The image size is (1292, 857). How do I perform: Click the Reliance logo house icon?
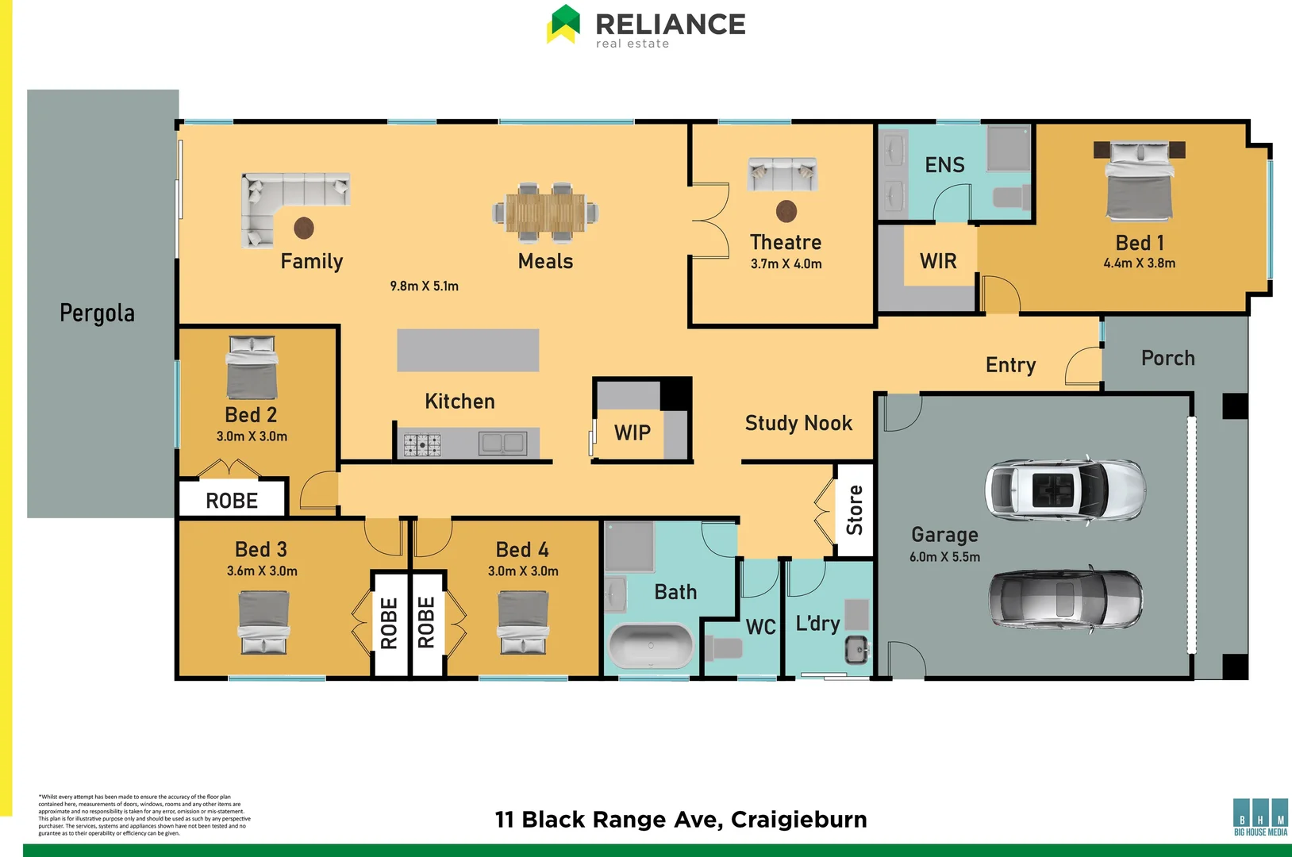tap(563, 24)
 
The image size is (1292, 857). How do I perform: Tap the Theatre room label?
tap(786, 242)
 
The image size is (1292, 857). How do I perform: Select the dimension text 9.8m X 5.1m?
tap(424, 286)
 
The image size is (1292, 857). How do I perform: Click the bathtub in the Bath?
tap(650, 646)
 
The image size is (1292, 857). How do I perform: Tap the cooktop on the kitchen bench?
tap(422, 444)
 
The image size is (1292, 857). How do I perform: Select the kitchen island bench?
tap(467, 351)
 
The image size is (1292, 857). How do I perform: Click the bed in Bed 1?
tap(1139, 183)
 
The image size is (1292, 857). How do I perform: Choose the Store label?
tap(855, 510)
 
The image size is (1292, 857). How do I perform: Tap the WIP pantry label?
tap(632, 433)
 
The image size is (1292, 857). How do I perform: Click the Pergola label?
tap(97, 313)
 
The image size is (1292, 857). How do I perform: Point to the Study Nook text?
tap(798, 424)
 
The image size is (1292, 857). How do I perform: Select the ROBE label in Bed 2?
tap(232, 501)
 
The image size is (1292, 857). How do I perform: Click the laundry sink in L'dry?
tap(856, 649)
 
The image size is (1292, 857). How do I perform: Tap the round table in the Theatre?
tap(786, 211)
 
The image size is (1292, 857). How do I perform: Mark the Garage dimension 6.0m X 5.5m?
tap(944, 557)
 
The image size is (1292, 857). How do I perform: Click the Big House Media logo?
tap(1260, 817)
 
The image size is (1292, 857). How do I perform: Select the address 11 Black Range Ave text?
tap(680, 819)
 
